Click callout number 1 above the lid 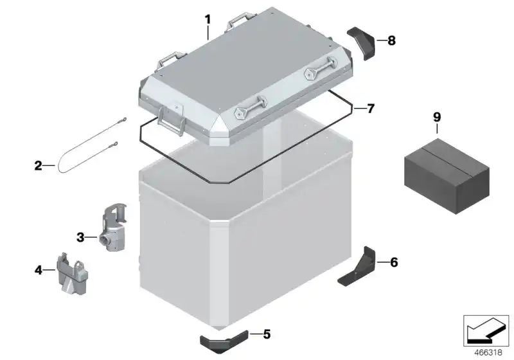(208, 20)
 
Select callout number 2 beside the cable (39, 166)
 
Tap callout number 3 (80, 237)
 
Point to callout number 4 (39, 270)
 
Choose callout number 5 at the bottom (267, 334)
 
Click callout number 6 (394, 262)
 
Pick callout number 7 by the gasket (371, 108)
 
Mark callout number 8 (391, 40)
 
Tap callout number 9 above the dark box (437, 117)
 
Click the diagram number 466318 (488, 352)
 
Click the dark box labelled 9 (447, 176)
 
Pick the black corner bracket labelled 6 (359, 267)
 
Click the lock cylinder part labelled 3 (113, 228)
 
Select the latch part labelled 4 (73, 274)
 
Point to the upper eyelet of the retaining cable (124, 120)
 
